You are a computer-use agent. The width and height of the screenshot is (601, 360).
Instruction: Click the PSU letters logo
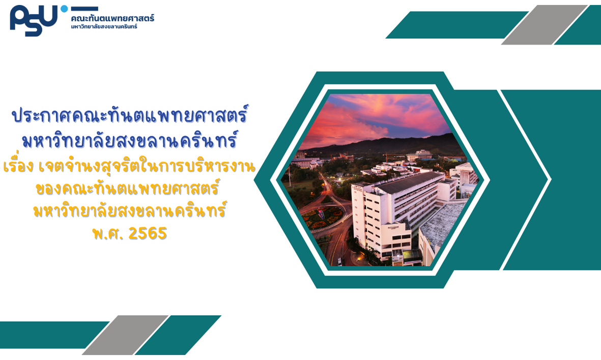pyautogui.click(x=34, y=20)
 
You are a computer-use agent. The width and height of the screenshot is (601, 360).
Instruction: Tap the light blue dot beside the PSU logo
pyautogui.click(x=64, y=9)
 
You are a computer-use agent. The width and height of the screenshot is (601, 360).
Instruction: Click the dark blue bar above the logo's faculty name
pyautogui.click(x=84, y=9)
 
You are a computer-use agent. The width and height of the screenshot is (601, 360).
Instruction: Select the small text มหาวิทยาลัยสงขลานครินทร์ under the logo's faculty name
pyautogui.click(x=104, y=26)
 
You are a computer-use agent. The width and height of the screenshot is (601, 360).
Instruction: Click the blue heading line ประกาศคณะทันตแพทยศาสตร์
pyautogui.click(x=130, y=114)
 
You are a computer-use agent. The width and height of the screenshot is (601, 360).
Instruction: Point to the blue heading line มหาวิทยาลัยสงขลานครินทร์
pyautogui.click(x=130, y=140)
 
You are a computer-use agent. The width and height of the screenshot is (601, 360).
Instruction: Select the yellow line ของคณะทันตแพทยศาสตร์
pyautogui.click(x=127, y=188)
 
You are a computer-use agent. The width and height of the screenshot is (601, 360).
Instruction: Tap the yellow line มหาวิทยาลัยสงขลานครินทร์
pyautogui.click(x=130, y=211)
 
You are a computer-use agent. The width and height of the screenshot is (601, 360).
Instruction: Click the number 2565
pyautogui.click(x=148, y=233)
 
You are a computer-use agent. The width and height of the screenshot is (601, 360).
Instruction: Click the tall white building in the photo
pyautogui.click(x=398, y=215)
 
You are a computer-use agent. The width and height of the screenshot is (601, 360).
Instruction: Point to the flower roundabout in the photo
pyautogui.click(x=323, y=217)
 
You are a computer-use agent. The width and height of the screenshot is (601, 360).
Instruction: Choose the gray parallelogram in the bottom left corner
pyautogui.click(x=125, y=335)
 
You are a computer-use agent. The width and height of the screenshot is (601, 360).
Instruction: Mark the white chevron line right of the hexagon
pyautogui.click(x=525, y=179)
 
